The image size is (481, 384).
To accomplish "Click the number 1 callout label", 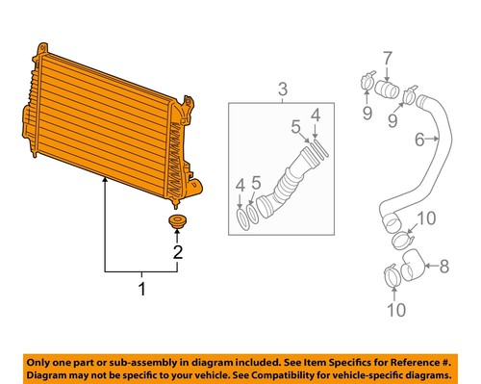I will point(141,288).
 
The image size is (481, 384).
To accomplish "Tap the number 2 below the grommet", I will point(177,254).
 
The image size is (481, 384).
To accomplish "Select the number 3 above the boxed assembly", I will point(282,90).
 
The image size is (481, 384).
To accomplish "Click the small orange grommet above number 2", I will point(176,224).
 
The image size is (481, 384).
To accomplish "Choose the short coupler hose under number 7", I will point(387,91).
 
